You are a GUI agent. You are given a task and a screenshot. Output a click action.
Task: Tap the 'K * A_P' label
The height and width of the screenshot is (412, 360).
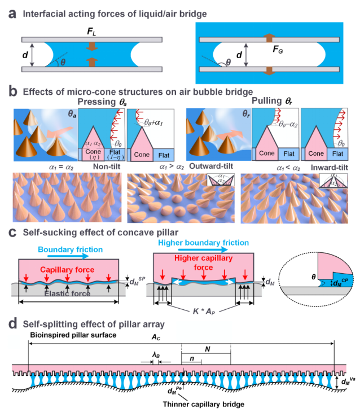[206, 310]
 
